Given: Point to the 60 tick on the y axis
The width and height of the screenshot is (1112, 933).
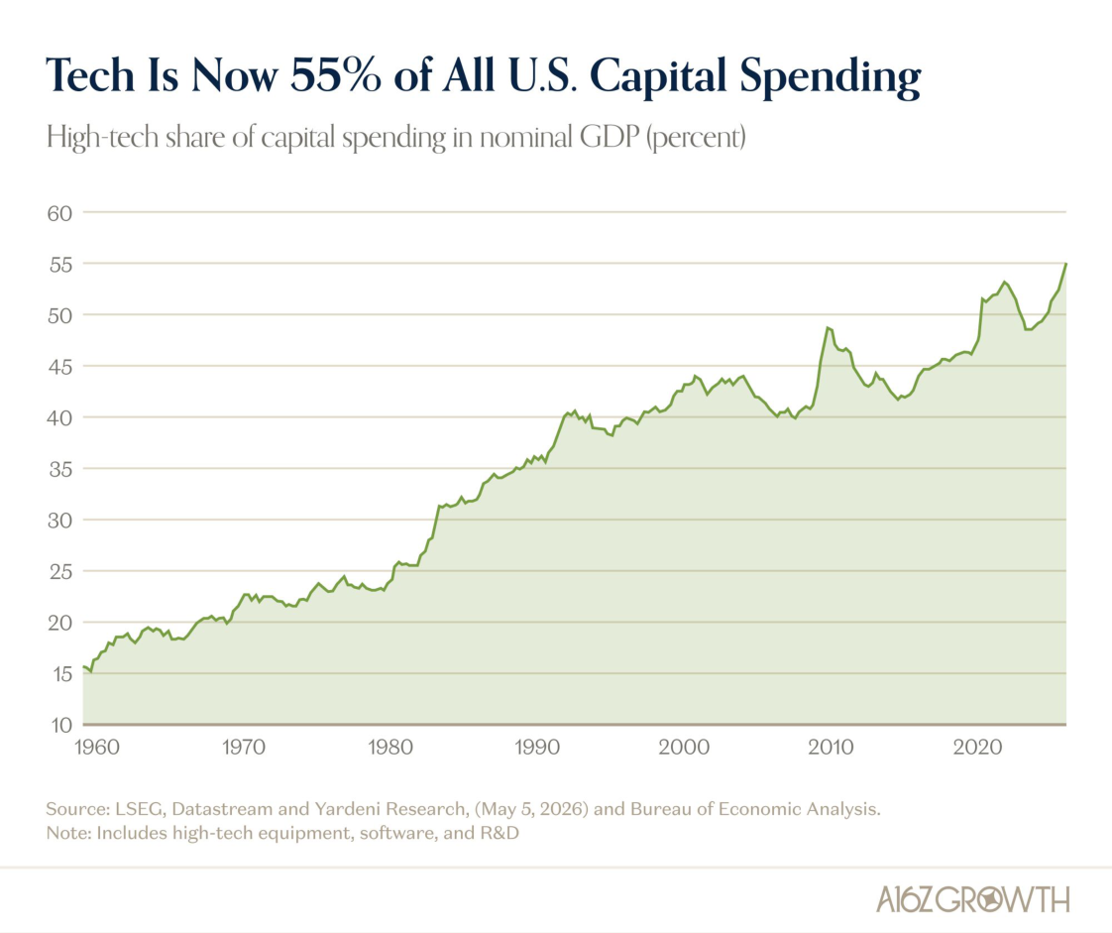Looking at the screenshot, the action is point(59,213).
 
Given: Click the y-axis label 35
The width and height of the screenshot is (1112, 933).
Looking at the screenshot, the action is point(59,469).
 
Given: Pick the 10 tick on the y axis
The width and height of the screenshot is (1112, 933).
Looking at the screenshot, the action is point(61,725).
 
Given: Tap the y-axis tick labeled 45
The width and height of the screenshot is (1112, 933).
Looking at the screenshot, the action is point(59,367).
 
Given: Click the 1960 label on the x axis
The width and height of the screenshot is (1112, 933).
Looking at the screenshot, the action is point(97,748).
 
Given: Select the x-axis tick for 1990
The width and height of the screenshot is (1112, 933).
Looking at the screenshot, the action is point(537,748).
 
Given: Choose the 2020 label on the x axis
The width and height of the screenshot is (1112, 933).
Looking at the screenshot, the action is point(977,748).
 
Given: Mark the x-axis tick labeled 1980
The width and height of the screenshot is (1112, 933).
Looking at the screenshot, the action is point(390,748).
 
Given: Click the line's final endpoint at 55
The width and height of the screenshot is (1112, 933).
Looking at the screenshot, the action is point(1065,264).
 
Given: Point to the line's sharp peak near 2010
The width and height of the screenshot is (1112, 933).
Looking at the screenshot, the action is point(828,327).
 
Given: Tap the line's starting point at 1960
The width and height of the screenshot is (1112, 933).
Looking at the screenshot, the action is point(83,666).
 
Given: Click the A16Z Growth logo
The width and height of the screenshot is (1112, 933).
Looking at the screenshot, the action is point(972,899).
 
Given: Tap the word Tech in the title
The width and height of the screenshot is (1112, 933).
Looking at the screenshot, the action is point(90,74).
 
